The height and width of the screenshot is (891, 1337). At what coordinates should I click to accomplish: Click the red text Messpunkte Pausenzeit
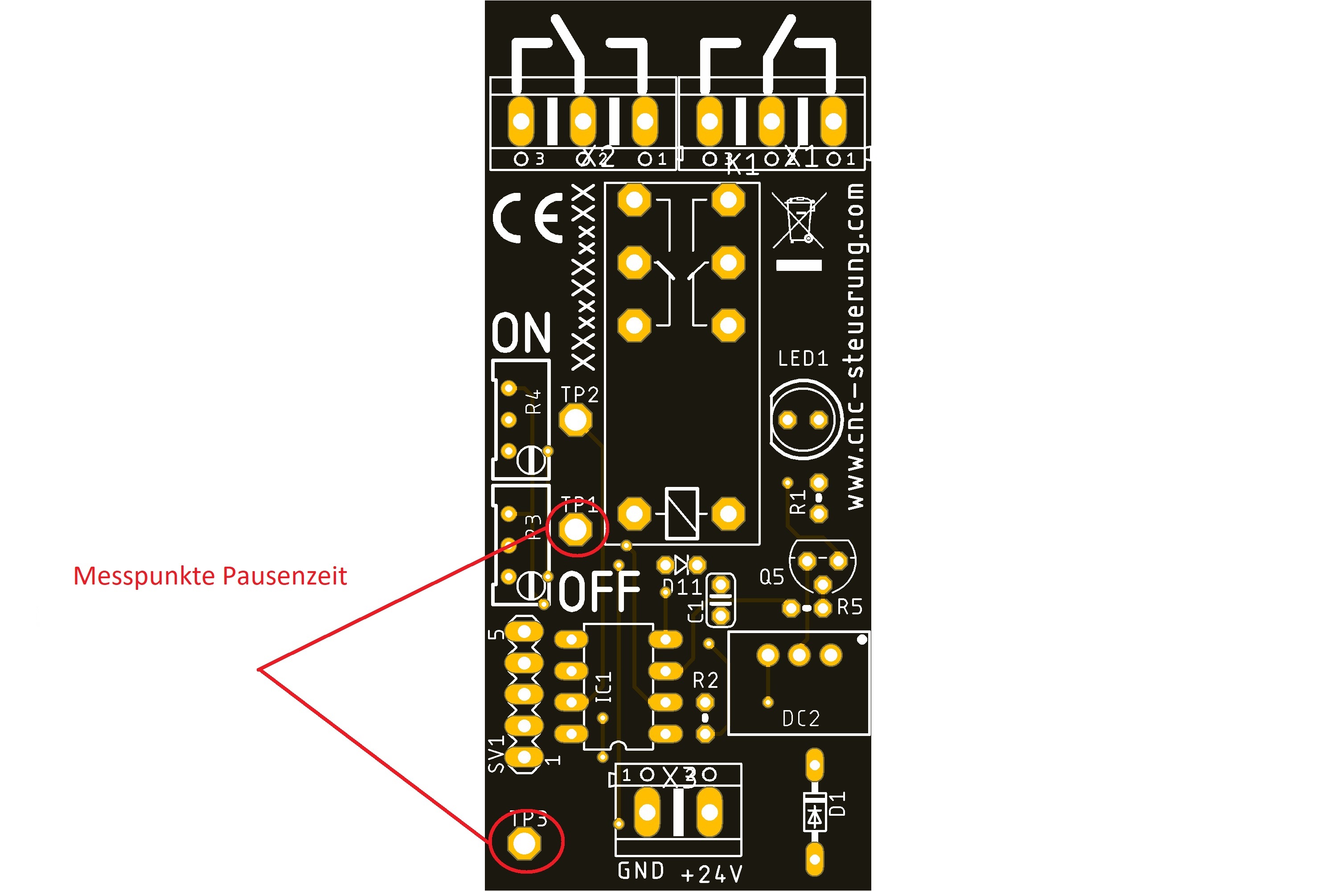(210, 576)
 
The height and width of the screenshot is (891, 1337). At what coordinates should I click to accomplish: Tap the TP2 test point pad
(575, 421)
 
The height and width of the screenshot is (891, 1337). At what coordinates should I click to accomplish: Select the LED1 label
(803, 359)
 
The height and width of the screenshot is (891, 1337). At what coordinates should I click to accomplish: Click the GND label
(641, 871)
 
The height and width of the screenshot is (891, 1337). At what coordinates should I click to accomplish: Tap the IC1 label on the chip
(604, 687)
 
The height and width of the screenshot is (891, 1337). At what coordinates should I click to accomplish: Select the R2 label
(705, 680)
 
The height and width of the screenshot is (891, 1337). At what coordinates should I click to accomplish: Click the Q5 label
(771, 577)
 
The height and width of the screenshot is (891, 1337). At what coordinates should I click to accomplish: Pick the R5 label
(850, 607)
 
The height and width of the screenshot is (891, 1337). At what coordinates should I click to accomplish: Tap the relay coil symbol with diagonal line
(681, 513)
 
